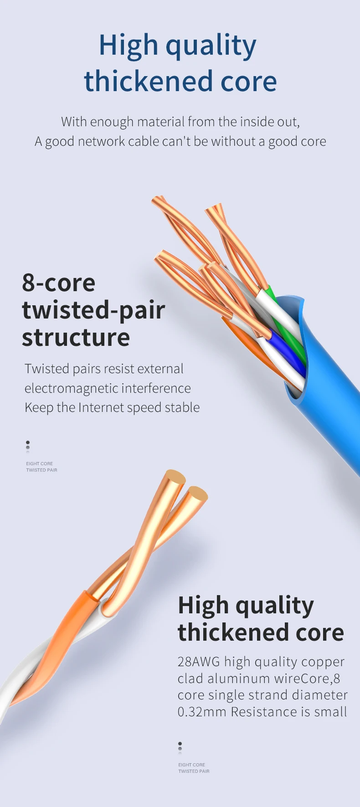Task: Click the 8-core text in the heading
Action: (x=59, y=283)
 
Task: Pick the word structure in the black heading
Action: (x=76, y=338)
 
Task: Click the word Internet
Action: (x=101, y=407)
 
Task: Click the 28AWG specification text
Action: (x=199, y=662)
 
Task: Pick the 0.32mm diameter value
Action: (x=202, y=712)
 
